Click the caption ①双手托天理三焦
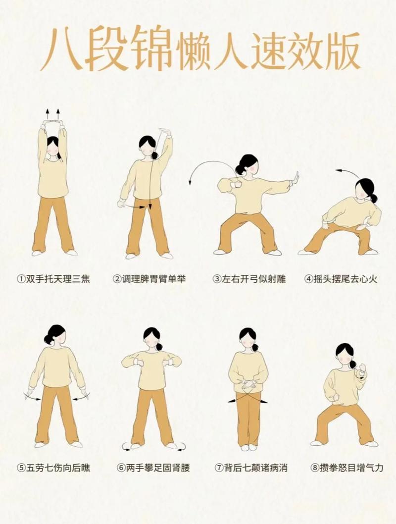pyautogui.click(x=53, y=279)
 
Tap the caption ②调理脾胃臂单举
pyautogui.click(x=149, y=279)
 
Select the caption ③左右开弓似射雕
pyautogui.click(x=249, y=279)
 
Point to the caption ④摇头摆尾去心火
pyautogui.click(x=341, y=279)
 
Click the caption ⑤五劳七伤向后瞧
pyautogui.click(x=53, y=467)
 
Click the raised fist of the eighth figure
pyautogui.click(x=362, y=369)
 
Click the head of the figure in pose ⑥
pyautogui.click(x=152, y=337)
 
